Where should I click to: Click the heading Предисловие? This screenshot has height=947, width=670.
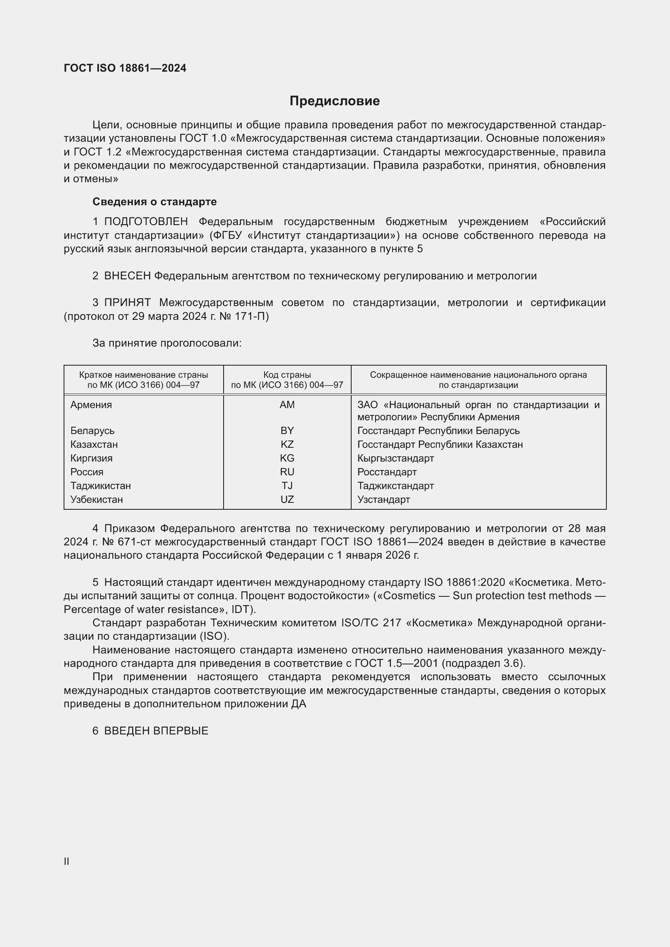pos(335,101)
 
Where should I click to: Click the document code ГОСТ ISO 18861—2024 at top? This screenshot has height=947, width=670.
pos(125,68)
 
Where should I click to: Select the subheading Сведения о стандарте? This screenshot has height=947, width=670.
pos(154,202)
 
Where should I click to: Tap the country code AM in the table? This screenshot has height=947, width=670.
pos(287,404)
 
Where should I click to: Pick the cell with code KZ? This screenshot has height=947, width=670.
pos(287,444)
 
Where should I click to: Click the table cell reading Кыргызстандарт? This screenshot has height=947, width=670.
pos(395,458)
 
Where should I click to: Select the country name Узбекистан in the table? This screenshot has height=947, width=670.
pos(96,500)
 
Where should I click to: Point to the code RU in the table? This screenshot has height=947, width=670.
pos(287,472)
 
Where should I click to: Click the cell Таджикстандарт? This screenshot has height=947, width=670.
pos(395,486)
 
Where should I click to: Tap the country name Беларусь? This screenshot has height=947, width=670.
pos(92,431)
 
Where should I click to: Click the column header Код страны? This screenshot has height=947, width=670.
pos(287,375)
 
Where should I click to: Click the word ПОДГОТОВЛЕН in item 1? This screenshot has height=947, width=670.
pos(146,222)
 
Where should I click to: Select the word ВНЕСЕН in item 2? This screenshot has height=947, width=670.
pos(128,276)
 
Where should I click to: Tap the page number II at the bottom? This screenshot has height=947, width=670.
pos(66,861)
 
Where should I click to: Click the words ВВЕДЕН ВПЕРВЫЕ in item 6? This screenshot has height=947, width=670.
pos(156,731)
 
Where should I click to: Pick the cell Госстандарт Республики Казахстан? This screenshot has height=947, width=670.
pos(440,445)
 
